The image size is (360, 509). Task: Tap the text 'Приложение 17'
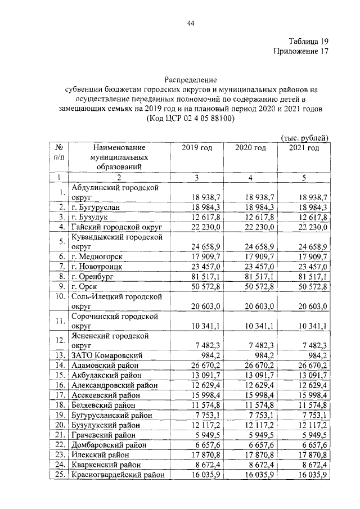click(x=300, y=52)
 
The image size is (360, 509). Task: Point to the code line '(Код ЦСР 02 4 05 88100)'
click(x=191, y=119)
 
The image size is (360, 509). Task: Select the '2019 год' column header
click(x=197, y=148)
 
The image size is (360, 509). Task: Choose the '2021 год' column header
click(x=304, y=148)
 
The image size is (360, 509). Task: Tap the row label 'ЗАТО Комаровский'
click(x=106, y=355)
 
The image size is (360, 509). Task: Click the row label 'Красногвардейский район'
click(x=118, y=475)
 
